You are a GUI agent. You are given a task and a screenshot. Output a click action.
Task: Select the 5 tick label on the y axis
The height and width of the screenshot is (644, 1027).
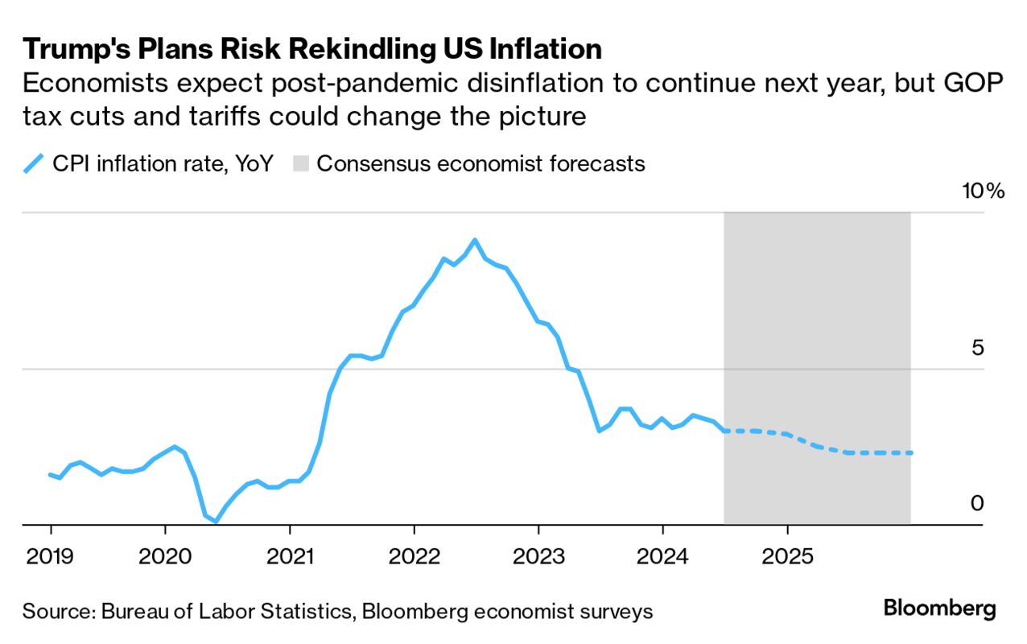pos(976,348)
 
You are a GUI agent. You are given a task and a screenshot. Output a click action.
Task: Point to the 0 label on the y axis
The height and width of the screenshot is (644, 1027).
pos(976,503)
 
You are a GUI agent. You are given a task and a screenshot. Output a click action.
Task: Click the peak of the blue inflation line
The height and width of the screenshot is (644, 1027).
pos(475,240)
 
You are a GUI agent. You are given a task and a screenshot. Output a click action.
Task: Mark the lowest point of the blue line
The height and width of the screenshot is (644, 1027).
pos(216,522)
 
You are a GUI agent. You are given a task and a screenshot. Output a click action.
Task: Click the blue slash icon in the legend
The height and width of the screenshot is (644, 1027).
pos(33,164)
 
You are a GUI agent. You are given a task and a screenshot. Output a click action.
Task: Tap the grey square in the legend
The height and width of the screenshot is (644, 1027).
pos(300,164)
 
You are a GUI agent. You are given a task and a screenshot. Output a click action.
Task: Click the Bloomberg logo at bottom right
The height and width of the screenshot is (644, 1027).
pos(939,609)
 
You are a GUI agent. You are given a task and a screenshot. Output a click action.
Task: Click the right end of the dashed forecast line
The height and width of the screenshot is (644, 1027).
pos(910,453)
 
